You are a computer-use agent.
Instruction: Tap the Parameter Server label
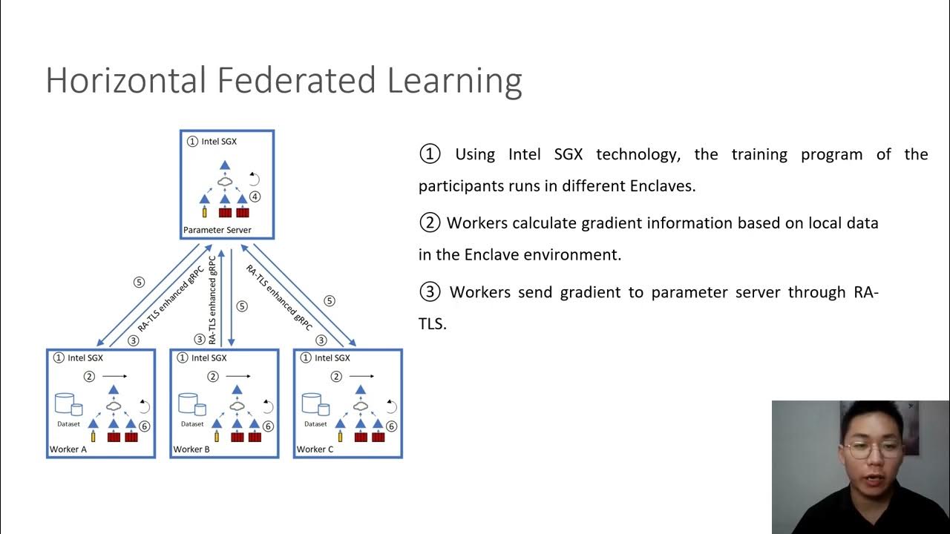(217, 230)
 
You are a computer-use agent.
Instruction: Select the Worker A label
(68, 449)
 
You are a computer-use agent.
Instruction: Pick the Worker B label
(191, 449)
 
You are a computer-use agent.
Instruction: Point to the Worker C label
(315, 449)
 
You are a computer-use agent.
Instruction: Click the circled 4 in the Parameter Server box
(255, 197)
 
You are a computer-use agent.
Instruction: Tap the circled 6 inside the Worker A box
(145, 426)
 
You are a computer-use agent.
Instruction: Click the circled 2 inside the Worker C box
(336, 377)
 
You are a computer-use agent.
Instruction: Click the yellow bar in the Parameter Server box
(204, 212)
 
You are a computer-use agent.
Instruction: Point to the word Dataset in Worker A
(68, 424)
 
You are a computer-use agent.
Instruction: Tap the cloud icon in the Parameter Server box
(225, 181)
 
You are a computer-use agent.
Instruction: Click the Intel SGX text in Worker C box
(332, 358)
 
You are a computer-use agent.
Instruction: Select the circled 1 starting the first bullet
(430, 154)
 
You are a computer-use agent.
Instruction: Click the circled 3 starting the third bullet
(430, 292)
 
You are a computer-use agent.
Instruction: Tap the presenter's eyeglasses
(873, 449)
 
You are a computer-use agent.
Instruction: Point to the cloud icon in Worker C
(361, 405)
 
